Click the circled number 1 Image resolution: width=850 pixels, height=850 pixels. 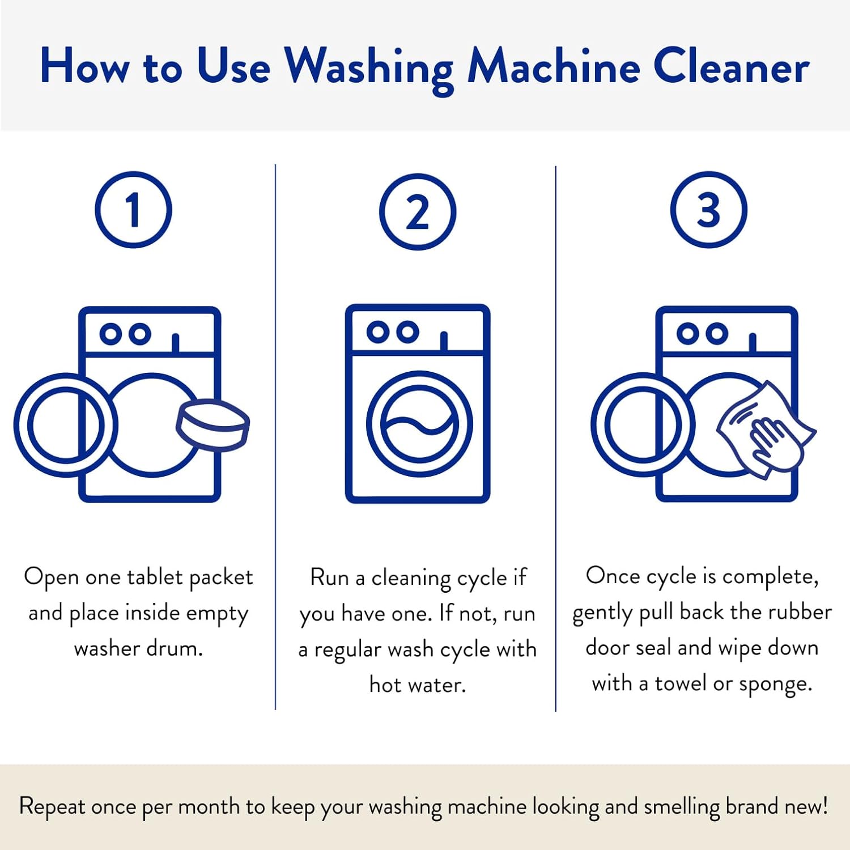(133, 210)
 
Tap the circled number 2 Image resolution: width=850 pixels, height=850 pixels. (418, 212)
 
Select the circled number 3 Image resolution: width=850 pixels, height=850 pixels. (709, 210)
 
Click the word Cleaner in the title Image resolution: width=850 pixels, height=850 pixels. (731, 67)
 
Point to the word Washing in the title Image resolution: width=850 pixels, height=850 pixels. (369, 69)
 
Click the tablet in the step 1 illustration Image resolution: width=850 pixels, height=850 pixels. (213, 425)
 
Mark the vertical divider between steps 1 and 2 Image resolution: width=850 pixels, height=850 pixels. (275, 437)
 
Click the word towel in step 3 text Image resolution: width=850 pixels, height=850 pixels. (681, 683)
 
